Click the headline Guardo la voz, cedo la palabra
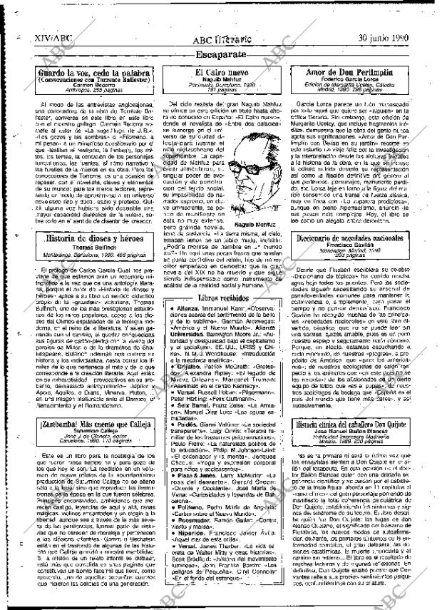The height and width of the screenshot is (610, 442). point(94,73)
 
